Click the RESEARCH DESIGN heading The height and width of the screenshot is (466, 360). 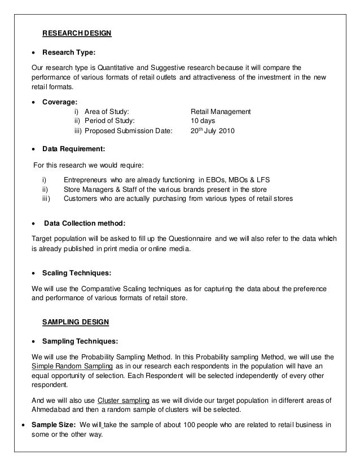click(x=77, y=33)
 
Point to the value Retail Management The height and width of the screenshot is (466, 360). click(x=221, y=112)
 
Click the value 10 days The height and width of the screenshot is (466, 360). click(x=203, y=121)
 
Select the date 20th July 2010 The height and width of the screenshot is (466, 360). click(x=213, y=131)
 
